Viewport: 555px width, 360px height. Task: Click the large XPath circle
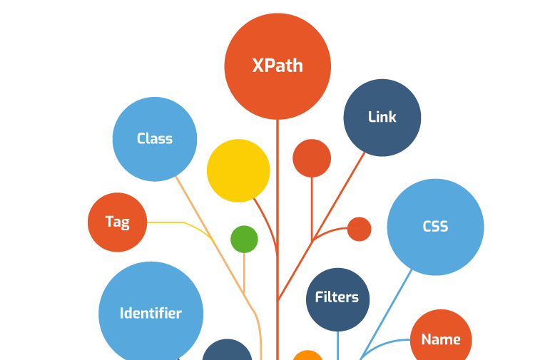pos(277,66)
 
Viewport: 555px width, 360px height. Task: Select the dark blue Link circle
pos(382,118)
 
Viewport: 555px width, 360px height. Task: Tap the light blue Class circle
pos(155,139)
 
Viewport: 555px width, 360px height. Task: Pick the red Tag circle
pos(118,222)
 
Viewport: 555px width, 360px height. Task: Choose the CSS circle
pos(435,227)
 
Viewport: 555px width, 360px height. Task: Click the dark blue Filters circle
pos(337,299)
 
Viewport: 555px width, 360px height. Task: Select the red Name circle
pos(441,338)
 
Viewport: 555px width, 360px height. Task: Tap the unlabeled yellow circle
pos(238,171)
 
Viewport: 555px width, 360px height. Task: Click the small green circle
pos(244,240)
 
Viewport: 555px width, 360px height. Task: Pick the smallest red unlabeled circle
pos(360,229)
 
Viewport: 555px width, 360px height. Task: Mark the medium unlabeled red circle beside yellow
pos(312,158)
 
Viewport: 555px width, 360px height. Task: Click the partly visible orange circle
pos(308,356)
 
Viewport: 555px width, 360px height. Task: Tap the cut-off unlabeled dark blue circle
pos(228,350)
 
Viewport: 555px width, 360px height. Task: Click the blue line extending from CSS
pos(386,315)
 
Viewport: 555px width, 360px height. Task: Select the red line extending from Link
pos(322,227)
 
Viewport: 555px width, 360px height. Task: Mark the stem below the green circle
pos(244,273)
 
